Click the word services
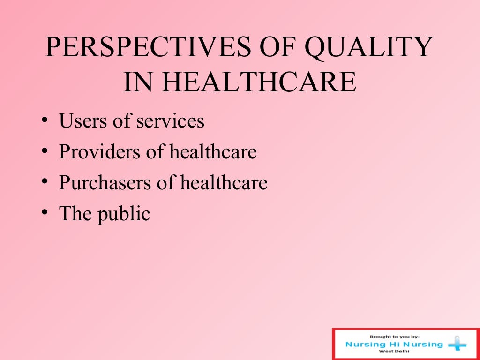coord(170,121)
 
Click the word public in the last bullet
coord(124,214)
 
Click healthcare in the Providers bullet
coord(213,152)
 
